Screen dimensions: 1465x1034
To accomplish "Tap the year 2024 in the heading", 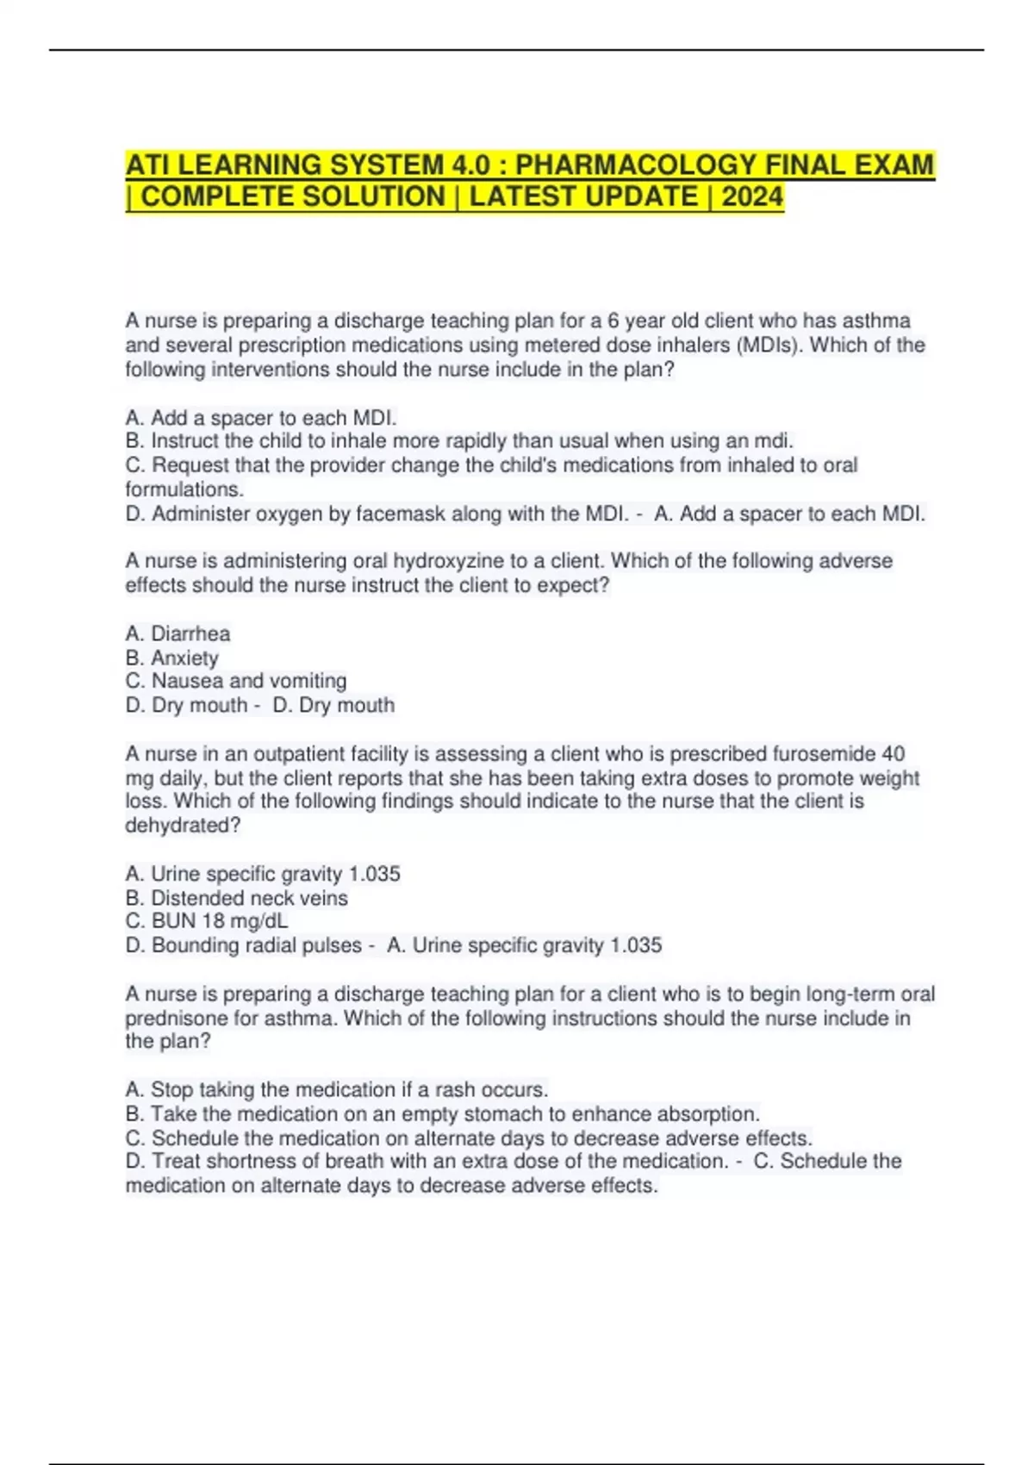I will tap(752, 197).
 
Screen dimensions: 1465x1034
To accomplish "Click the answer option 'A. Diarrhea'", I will tap(178, 634).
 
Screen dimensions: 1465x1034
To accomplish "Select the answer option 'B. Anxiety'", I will tap(171, 658).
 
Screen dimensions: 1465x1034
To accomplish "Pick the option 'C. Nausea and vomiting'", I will tap(235, 681).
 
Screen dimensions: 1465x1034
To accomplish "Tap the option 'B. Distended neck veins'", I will tap(236, 898).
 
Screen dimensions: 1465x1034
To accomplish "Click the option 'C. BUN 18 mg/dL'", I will tap(206, 921).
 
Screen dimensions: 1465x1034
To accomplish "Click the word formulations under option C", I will tap(184, 489).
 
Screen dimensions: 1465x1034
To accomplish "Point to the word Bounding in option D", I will tap(195, 945).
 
